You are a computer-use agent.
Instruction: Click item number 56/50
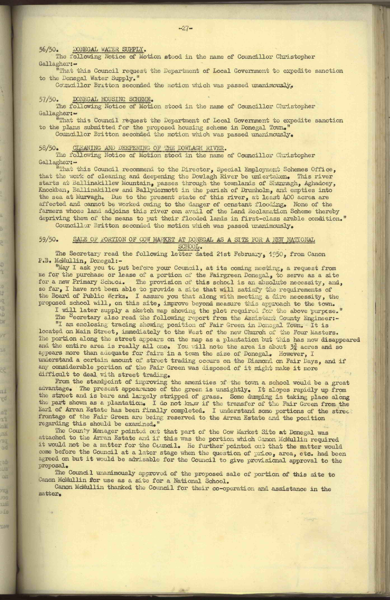(x=47, y=50)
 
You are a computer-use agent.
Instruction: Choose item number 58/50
(x=47, y=148)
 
